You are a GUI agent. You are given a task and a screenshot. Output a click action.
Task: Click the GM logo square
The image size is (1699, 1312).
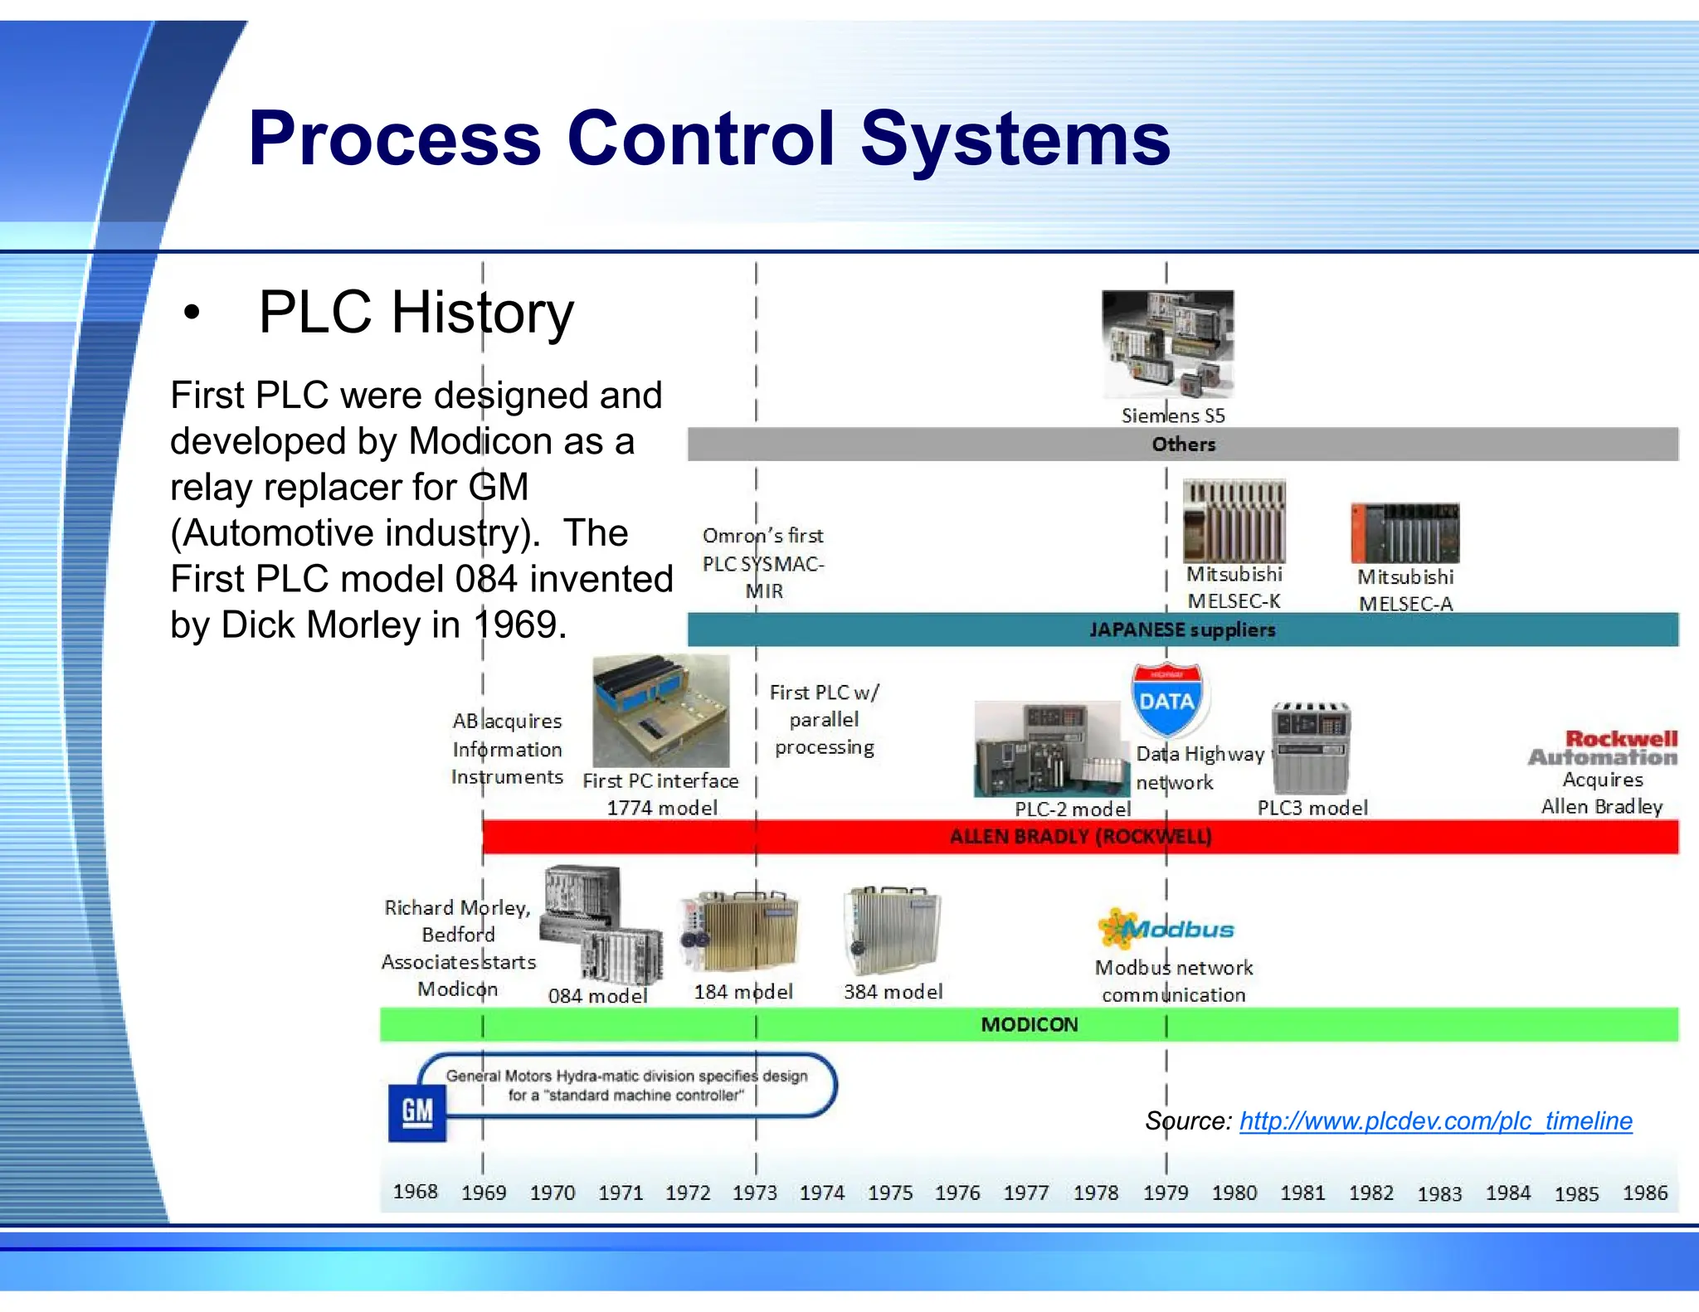point(416,1111)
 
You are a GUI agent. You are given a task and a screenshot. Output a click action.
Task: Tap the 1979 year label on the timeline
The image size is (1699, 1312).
point(1165,1193)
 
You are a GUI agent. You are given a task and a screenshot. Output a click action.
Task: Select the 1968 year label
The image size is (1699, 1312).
point(415,1191)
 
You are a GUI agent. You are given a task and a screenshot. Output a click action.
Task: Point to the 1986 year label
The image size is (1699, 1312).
point(1644,1193)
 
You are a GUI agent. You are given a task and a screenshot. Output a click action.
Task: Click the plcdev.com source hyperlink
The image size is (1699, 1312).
point(1435,1121)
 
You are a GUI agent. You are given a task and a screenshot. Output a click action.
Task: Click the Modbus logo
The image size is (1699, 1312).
point(1166,929)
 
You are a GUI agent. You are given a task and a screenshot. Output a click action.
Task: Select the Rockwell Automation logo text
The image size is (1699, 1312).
point(1604,747)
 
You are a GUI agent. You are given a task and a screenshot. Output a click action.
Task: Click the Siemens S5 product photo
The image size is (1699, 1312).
point(1167,343)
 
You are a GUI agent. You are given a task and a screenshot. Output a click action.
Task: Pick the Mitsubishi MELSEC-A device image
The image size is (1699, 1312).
point(1404,532)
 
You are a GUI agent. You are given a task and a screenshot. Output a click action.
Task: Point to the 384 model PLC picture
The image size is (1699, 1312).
point(892,931)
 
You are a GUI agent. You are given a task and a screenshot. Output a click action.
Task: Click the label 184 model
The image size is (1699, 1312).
point(743,992)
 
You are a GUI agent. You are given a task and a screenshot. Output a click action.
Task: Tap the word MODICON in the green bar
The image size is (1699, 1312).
point(1029,1024)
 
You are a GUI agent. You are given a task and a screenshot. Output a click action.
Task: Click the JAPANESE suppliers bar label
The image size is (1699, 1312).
point(1182,629)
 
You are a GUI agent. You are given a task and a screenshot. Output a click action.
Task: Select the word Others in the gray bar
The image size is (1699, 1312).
point(1183,444)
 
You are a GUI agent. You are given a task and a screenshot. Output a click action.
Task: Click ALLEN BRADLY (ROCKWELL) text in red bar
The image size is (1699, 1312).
point(1080,836)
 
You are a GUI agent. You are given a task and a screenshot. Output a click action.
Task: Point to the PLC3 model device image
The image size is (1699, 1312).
point(1311,747)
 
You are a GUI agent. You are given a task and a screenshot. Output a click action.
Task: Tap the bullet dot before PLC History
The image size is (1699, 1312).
point(192,313)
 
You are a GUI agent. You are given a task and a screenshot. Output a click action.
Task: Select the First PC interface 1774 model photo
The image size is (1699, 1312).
point(660,711)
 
